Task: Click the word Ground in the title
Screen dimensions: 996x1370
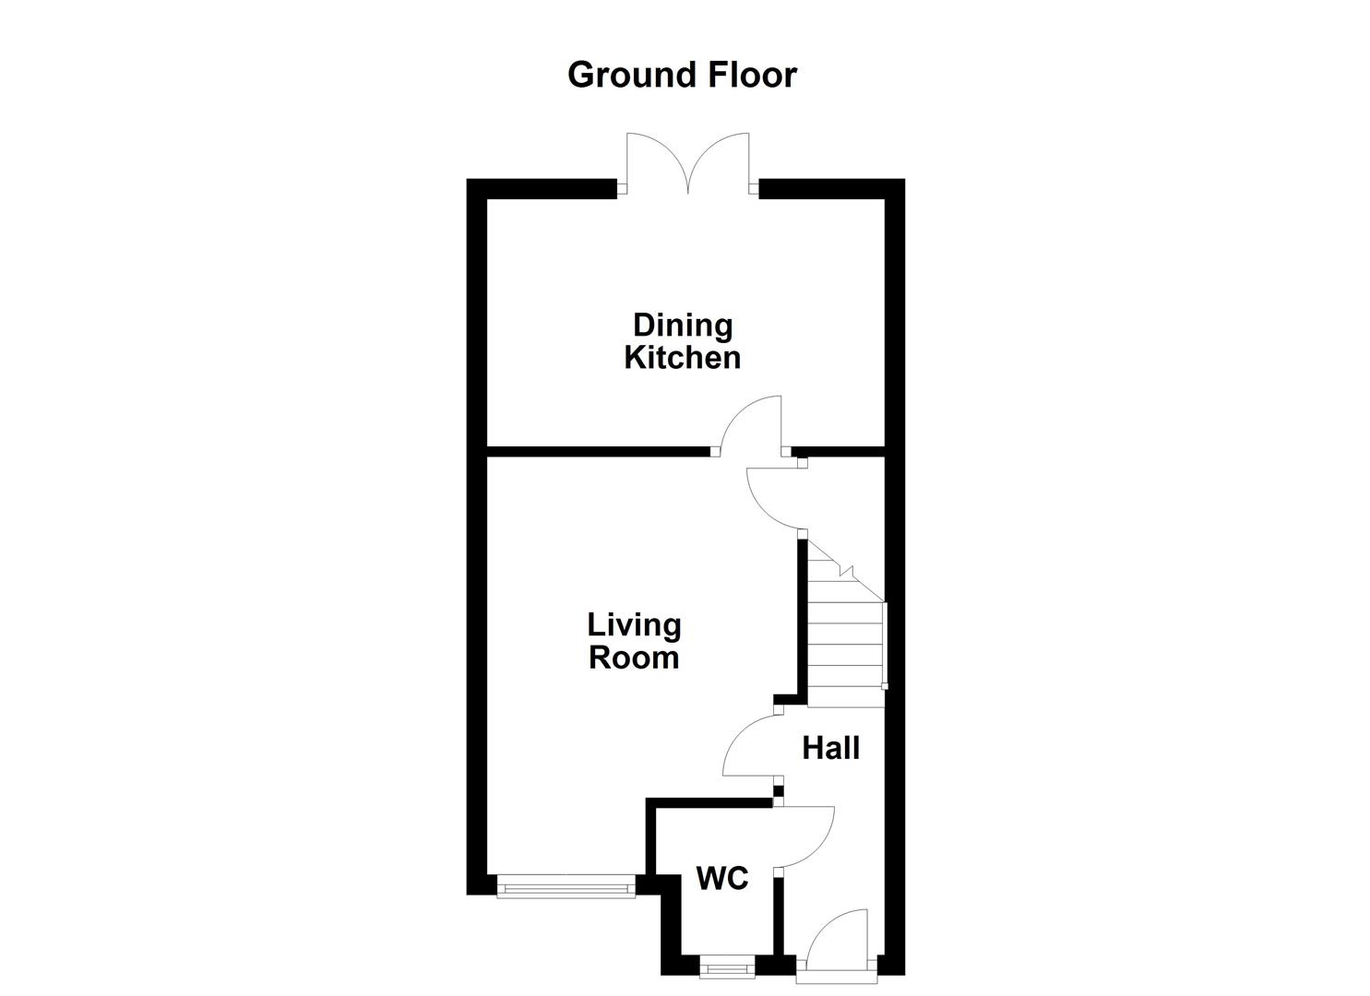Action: pyautogui.click(x=633, y=75)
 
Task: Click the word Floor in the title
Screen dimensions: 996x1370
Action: pyautogui.click(x=752, y=75)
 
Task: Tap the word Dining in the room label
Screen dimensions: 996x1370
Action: pyautogui.click(x=682, y=325)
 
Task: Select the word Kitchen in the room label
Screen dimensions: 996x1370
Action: pyautogui.click(x=682, y=358)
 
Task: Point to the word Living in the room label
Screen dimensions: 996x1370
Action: pyautogui.click(x=634, y=625)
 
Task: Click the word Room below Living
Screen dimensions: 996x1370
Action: pyautogui.click(x=634, y=658)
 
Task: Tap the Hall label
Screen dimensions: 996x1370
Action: pyautogui.click(x=830, y=748)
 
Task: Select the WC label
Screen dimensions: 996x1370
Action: pyautogui.click(x=721, y=879)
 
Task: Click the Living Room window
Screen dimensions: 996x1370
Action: pyautogui.click(x=566, y=887)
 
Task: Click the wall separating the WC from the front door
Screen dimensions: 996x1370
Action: pyautogui.click(x=778, y=922)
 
